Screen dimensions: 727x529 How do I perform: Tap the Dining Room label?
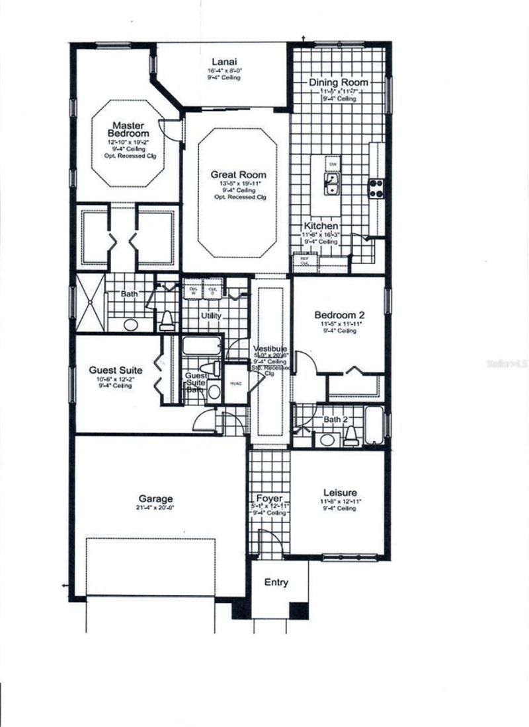click(339, 83)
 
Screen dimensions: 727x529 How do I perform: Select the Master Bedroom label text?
click(128, 129)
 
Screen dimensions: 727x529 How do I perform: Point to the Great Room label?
click(229, 174)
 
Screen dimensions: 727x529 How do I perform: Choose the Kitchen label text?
click(321, 226)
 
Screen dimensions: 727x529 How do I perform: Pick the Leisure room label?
click(340, 493)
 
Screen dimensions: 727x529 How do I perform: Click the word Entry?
click(276, 582)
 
